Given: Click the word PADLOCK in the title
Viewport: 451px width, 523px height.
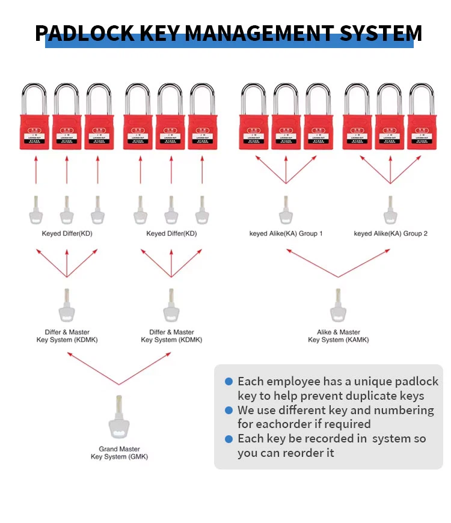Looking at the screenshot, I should pos(85,33).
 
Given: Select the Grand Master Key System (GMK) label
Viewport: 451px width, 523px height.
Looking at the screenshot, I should pos(119,453).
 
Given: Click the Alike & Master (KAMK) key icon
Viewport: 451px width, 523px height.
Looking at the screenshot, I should pos(338,306).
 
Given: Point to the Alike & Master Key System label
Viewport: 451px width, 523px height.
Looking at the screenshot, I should pos(338,336).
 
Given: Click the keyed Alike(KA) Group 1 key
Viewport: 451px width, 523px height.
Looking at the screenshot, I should pos(286,210).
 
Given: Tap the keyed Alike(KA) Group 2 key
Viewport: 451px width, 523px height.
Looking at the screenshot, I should pos(390,210).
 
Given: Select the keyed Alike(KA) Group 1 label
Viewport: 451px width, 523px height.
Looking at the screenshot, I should pos(286,233).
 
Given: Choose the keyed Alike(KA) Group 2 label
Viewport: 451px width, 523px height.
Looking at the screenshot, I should pos(390,233).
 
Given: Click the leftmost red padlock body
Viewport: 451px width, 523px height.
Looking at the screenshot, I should pos(35,132).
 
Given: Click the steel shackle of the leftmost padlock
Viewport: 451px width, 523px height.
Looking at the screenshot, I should pos(34,97).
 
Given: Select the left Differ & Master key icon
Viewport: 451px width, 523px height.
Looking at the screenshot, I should pos(67,306).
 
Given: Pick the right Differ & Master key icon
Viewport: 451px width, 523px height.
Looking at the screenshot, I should pos(171,306).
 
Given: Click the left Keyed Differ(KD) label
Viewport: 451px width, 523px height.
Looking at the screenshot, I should pos(67,233).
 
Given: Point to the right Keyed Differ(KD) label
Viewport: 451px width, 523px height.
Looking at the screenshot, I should pos(171,233).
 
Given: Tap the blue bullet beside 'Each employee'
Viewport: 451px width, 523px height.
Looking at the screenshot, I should pos(229,382).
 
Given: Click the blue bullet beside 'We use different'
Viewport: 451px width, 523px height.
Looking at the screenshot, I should pos(229,411).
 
